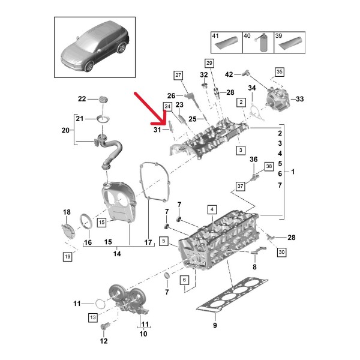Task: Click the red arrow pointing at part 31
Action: click(151, 109)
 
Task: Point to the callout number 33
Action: click(300, 99)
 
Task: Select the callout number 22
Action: click(82, 98)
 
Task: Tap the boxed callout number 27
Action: click(178, 74)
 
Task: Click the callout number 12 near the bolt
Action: click(103, 341)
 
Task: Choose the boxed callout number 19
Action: click(68, 257)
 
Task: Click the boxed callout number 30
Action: click(282, 253)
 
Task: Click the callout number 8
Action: click(254, 266)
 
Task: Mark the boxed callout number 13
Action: click(92, 316)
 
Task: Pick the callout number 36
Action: click(253, 159)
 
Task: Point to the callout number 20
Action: click(66, 130)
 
